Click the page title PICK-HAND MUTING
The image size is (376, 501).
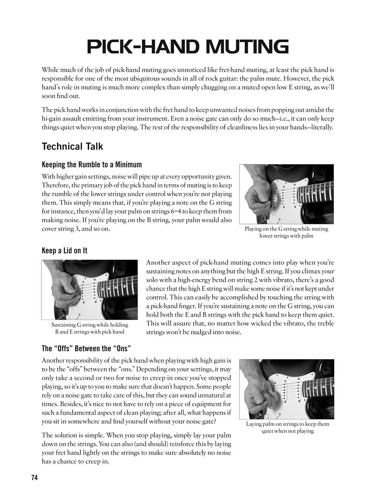188,47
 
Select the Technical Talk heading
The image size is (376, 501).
72,146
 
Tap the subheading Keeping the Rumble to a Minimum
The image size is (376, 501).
91,165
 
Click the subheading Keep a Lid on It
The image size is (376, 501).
64,250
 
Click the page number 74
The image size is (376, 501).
34,478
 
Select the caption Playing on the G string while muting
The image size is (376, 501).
286,229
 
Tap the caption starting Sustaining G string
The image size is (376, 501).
89,325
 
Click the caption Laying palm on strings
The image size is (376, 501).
287,424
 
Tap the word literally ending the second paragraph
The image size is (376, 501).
318,127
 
